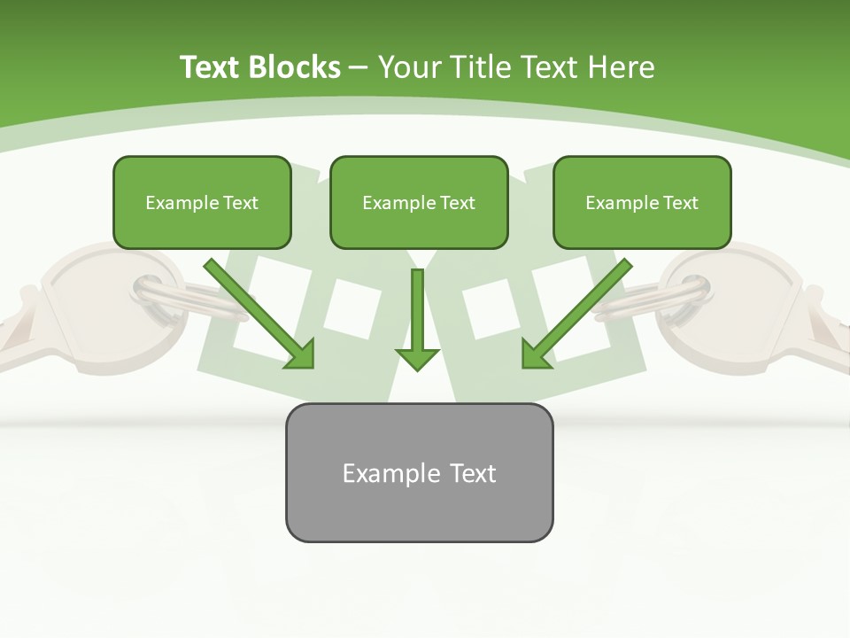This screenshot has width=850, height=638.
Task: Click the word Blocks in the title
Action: coord(295,67)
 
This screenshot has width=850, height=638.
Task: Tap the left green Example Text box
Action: coord(202,202)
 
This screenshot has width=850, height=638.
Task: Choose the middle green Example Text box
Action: coord(419,202)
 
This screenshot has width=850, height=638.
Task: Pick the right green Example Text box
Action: coord(642,202)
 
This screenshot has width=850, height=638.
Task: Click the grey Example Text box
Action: coord(419,472)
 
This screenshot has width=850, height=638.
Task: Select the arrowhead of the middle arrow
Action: coord(417,357)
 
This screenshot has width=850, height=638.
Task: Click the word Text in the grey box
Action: coord(473,472)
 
